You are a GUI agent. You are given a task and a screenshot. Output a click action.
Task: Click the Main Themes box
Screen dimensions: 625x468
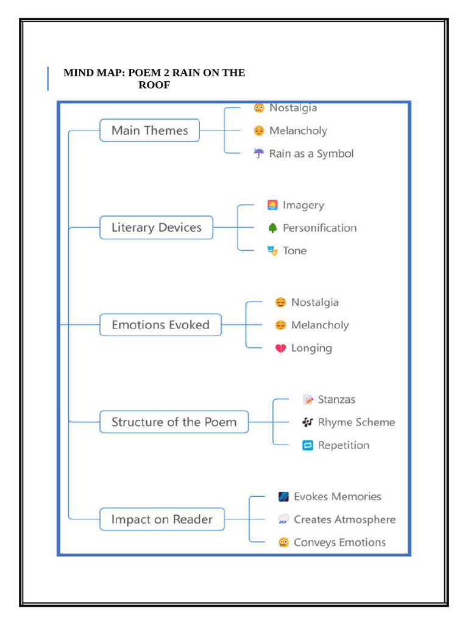point(149,131)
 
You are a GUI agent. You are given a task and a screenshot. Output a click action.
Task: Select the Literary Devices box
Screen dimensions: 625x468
point(156,228)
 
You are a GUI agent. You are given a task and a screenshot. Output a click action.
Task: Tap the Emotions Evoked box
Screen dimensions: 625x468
point(160,325)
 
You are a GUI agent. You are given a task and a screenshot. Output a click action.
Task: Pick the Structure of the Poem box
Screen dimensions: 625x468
point(174,422)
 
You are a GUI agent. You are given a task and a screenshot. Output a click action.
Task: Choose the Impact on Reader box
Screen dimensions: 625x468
point(161,519)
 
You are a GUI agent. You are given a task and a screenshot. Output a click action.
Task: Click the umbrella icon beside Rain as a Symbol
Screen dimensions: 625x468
point(259,154)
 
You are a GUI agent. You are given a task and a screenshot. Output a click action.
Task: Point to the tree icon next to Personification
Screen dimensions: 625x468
point(272,228)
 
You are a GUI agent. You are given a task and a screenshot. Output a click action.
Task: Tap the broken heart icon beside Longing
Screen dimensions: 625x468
point(280,349)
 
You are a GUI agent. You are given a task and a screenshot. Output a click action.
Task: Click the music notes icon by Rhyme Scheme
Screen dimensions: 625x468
point(308,422)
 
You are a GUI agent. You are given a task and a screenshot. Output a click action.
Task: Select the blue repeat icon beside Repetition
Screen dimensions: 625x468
point(308,446)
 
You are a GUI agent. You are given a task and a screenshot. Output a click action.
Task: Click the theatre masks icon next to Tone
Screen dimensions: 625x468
point(272,251)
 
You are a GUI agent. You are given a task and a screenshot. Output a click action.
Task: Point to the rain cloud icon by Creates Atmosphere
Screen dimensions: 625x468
point(283,520)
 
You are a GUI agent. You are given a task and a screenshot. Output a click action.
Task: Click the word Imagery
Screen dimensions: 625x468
point(303,206)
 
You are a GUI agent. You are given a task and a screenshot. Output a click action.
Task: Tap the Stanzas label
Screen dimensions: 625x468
point(336,400)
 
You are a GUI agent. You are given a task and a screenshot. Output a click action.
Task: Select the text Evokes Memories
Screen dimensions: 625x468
point(337,497)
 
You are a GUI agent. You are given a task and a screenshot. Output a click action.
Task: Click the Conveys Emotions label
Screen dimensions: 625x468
point(339,543)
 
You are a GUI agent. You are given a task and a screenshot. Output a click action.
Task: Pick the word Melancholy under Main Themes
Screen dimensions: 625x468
point(298,131)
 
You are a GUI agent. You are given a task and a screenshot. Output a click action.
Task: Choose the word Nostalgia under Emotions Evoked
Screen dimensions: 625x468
point(314,303)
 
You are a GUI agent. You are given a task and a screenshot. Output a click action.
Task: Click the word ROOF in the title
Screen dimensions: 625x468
point(154,85)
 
